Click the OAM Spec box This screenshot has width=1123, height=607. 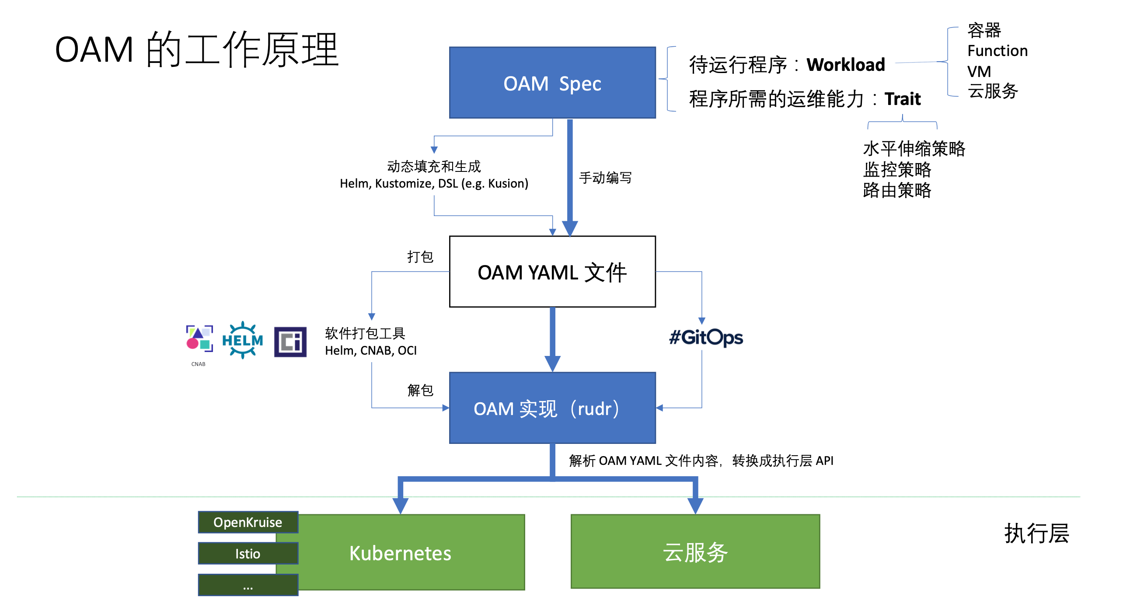(552, 83)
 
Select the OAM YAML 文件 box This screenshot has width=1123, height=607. (552, 272)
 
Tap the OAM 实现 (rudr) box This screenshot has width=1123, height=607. (552, 408)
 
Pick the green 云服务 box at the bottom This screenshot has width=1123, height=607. (695, 552)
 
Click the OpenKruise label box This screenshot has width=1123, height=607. (248, 522)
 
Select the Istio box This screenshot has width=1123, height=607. (248, 554)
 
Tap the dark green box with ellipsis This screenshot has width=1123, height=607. (248, 585)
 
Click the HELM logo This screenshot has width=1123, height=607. (242, 340)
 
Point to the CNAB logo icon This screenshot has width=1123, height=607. (199, 338)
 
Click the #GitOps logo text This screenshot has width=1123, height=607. (706, 337)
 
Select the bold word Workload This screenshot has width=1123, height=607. (845, 65)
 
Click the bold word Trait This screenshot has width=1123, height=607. (902, 99)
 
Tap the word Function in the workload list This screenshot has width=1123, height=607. (997, 51)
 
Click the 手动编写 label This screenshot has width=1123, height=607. (605, 178)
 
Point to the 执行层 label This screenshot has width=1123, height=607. (1036, 534)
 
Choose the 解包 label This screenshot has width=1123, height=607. (420, 390)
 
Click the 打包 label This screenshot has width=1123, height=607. (420, 257)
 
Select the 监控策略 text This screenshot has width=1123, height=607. (897, 170)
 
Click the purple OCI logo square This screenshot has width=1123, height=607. (290, 342)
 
